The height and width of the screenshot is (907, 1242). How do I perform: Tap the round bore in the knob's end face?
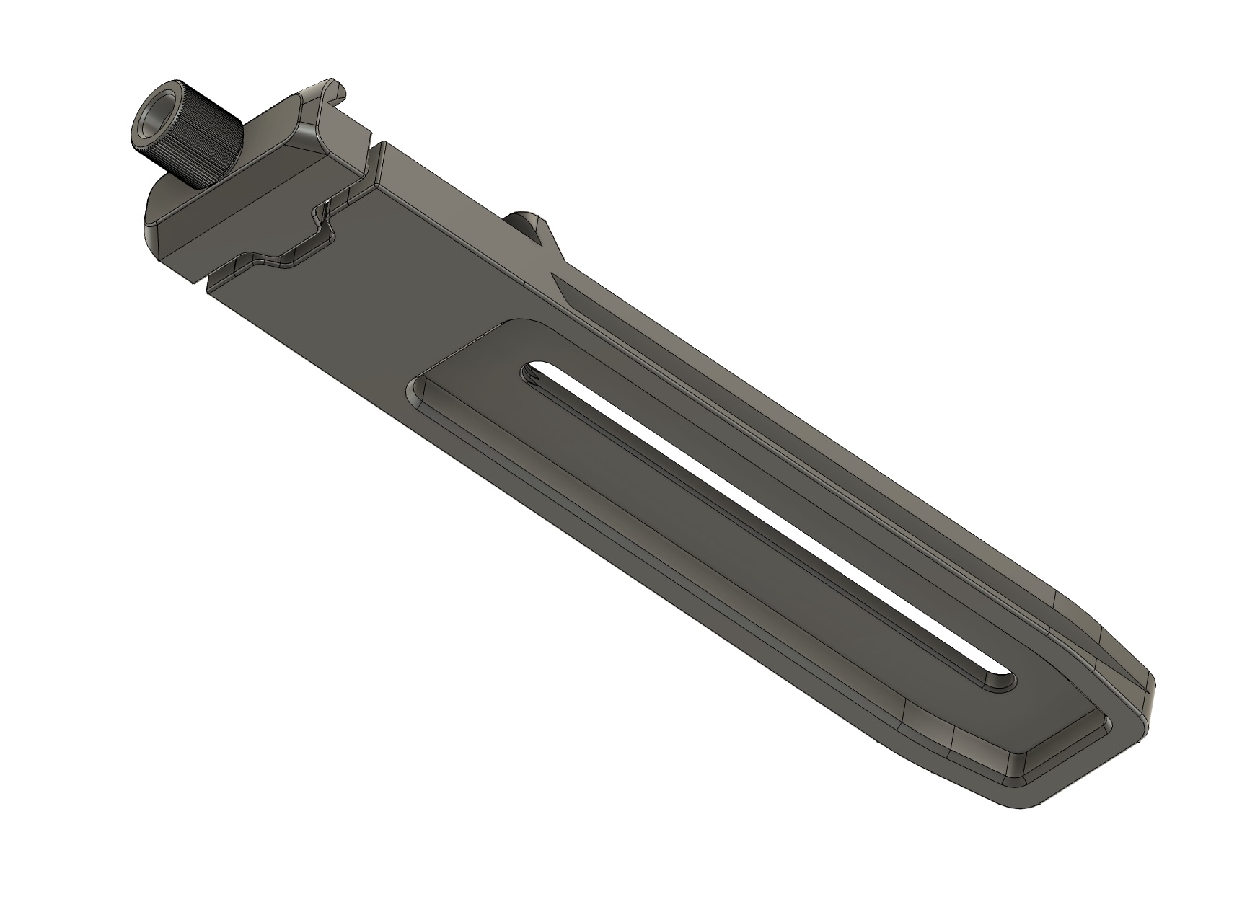coord(157,116)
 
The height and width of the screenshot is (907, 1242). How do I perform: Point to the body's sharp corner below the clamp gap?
coord(208,291)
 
